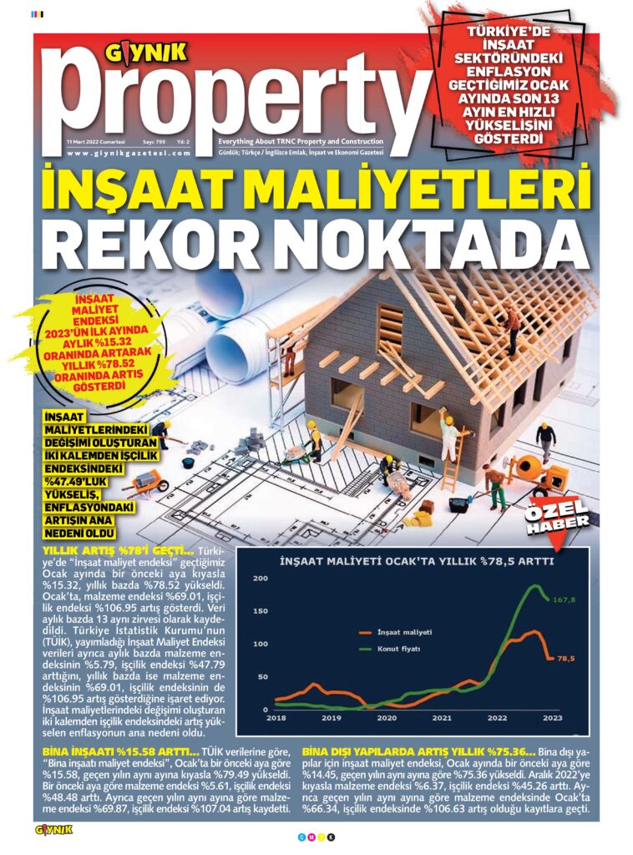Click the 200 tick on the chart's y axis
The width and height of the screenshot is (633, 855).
pos(260,579)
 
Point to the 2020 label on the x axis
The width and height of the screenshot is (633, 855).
pos(387,717)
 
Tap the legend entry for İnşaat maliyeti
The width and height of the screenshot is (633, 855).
pos(404,630)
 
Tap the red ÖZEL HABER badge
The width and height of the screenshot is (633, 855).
pos(557,514)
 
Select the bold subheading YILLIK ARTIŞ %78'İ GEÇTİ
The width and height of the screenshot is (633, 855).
pos(118,552)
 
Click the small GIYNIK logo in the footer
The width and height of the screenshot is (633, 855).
pos(54,830)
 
